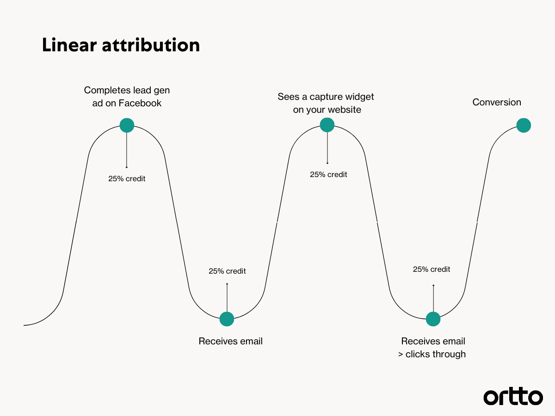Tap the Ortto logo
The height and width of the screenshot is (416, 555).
[513, 397]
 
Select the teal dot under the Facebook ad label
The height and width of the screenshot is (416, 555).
[127, 125]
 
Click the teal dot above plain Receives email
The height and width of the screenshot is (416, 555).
[227, 319]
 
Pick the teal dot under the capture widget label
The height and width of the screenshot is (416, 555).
[327, 125]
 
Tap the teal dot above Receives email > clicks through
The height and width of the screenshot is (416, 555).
[433, 319]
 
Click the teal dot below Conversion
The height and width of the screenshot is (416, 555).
[524, 125]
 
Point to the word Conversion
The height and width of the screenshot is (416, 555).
[497, 102]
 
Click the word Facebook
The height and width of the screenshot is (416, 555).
[140, 103]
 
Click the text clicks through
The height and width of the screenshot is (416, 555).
[435, 354]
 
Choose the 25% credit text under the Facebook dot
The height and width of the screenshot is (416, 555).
[127, 178]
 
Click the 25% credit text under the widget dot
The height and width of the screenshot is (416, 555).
[328, 175]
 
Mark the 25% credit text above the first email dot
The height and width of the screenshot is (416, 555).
[227, 271]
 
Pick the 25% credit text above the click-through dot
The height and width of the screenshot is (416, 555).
[432, 269]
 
